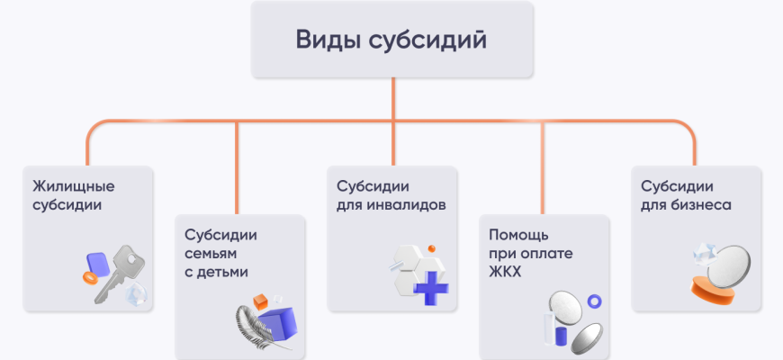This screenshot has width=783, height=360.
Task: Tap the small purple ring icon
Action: coord(593,301)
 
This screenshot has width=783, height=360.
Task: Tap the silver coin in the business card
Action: coord(726,264)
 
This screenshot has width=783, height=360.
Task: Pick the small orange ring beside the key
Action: coord(89,279)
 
